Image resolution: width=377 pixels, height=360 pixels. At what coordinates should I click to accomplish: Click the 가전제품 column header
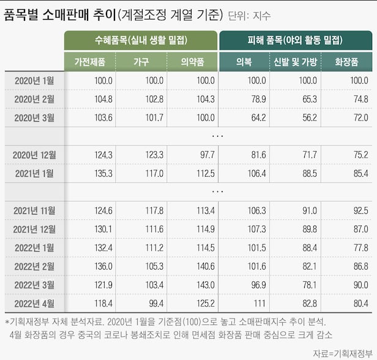point(90,62)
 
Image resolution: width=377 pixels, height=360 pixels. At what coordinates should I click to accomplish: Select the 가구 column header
point(141,62)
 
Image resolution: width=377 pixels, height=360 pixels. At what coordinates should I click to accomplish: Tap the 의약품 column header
point(192,62)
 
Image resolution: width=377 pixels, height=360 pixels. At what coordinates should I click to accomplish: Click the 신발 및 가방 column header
point(295,62)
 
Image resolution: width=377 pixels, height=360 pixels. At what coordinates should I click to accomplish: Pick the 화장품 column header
point(346,62)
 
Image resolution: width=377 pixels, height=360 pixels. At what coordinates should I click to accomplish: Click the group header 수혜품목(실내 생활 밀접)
point(141,40)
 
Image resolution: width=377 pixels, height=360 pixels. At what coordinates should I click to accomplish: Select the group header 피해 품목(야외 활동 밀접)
point(295,40)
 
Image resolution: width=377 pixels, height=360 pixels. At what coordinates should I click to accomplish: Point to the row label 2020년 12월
point(34,155)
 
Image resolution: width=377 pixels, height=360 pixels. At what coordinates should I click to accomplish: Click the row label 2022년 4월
point(34,304)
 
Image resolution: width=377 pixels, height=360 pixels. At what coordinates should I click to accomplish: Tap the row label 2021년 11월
point(34,211)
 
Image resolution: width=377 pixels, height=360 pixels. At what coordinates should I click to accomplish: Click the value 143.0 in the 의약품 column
point(206,285)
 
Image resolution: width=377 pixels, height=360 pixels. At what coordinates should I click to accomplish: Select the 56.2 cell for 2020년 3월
point(310,118)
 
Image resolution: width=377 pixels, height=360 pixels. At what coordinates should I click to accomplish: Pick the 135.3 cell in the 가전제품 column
point(103,174)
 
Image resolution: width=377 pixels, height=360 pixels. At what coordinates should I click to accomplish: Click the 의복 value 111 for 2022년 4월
point(259,304)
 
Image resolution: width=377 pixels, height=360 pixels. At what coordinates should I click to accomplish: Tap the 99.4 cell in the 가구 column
point(156,304)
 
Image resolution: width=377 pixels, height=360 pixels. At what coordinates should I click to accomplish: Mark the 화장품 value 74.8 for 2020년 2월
point(361,99)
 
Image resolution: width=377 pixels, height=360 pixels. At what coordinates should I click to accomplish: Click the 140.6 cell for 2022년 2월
point(206,266)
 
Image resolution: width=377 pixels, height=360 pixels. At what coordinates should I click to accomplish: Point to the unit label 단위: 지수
point(249,16)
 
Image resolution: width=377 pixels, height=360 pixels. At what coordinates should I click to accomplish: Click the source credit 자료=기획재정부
point(343,353)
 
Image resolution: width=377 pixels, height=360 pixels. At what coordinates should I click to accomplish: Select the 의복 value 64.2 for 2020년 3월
point(259,118)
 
